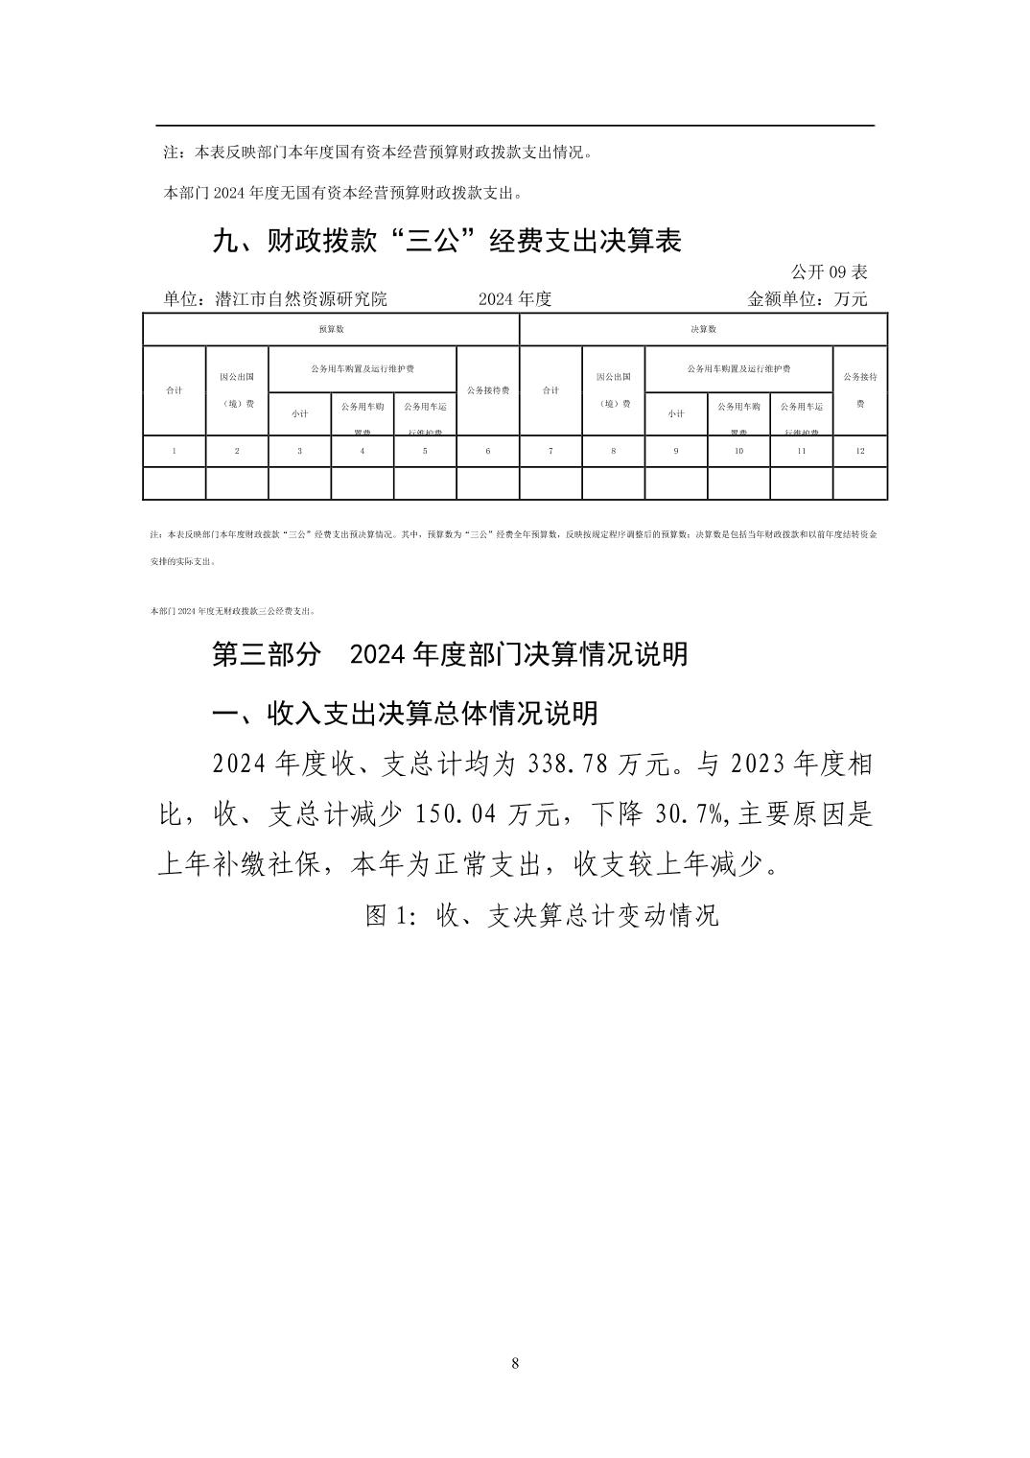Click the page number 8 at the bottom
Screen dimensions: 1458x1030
point(515,1364)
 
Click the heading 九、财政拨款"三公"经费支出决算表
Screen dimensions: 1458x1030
point(446,241)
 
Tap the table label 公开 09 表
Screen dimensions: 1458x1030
point(829,272)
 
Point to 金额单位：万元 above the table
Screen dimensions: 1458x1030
point(807,299)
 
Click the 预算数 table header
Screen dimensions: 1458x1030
point(331,329)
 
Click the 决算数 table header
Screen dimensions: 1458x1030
point(703,329)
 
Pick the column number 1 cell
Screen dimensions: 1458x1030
point(174,451)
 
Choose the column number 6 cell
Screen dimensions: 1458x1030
point(487,451)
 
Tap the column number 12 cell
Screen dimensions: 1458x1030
point(859,451)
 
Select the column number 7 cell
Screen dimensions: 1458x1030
point(550,451)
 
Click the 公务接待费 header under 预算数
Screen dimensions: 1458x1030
point(487,390)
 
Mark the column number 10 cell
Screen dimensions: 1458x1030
point(738,451)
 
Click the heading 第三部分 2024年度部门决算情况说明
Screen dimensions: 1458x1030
point(449,654)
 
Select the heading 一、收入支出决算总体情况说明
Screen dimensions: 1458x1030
point(405,713)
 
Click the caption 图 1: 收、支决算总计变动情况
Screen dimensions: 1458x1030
point(542,915)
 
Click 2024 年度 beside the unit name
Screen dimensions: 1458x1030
point(515,299)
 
